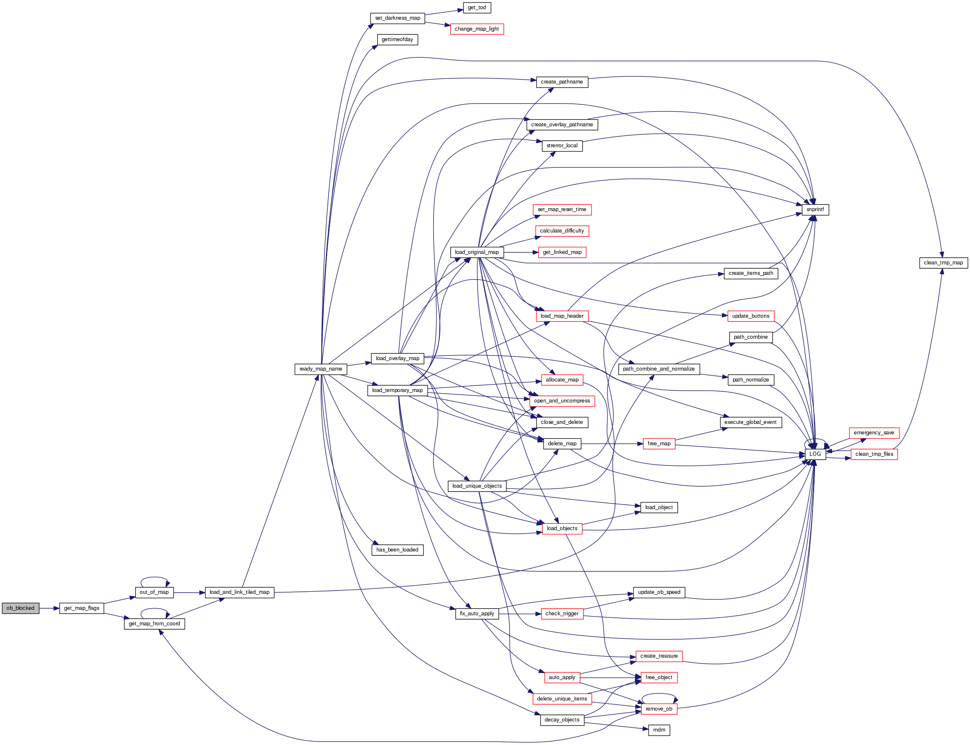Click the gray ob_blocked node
[x=21, y=608]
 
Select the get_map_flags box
[x=81, y=608]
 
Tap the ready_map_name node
[x=321, y=369]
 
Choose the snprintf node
[x=815, y=209]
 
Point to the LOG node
[x=815, y=454]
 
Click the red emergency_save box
[x=873, y=433]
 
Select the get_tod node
[x=476, y=8]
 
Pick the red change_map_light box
[x=476, y=29]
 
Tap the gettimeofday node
[x=397, y=39]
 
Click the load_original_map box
[x=476, y=252]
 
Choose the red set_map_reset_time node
[x=562, y=209]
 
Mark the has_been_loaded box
[x=397, y=550]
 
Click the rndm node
[x=659, y=730]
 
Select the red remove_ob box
[x=659, y=708]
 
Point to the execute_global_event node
[x=750, y=422]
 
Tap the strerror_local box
[x=562, y=146]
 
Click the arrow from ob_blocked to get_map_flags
[x=49, y=608]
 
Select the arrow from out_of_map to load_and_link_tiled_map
[x=189, y=593]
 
